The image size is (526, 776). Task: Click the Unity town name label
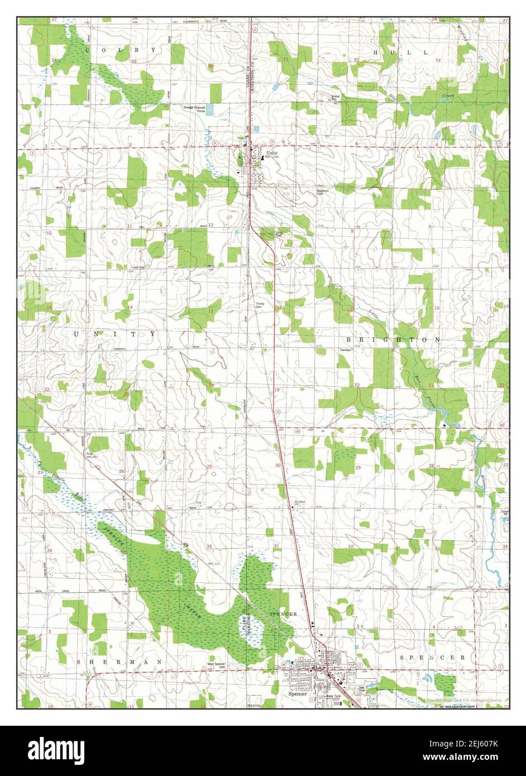(271, 152)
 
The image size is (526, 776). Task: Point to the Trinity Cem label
(259, 306)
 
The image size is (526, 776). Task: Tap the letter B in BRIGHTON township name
(349, 339)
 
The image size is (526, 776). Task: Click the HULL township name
(400, 52)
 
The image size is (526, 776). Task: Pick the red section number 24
(211, 385)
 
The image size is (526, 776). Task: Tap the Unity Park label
(281, 234)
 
